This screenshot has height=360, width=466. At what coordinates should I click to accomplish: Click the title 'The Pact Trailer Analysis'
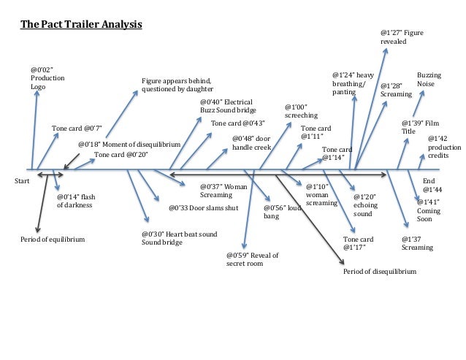click(80, 23)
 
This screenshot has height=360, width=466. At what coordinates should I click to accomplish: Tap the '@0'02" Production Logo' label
click(47, 77)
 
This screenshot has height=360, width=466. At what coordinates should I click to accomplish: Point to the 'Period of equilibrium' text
click(52, 240)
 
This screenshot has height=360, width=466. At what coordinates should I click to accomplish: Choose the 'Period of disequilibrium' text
click(380, 271)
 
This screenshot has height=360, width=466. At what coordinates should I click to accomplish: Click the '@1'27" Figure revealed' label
click(402, 37)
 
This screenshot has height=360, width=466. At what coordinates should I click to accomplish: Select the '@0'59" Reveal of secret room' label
click(252, 259)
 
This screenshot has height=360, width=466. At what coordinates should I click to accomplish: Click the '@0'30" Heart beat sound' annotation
click(179, 238)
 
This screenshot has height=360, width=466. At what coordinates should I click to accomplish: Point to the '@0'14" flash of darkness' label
click(76, 202)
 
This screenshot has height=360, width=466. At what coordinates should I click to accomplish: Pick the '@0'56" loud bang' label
click(282, 212)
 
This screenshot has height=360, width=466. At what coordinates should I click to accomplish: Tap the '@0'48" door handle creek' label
click(251, 142)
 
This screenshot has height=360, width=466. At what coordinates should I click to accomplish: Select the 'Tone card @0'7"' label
click(76, 129)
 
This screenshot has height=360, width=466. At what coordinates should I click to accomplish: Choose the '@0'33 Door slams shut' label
click(203, 208)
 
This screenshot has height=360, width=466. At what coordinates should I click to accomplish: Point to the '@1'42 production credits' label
click(440, 147)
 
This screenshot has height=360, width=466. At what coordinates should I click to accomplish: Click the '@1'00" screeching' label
click(301, 111)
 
